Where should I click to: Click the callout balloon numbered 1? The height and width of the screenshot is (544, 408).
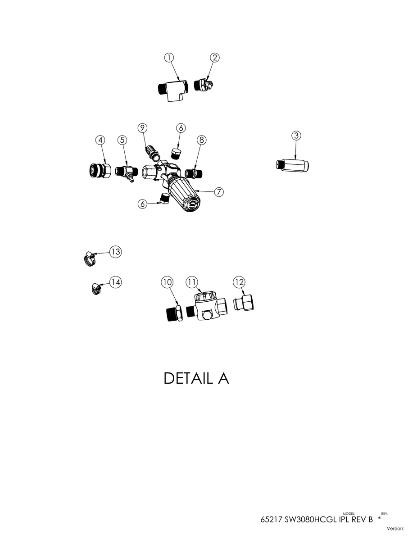[169, 58]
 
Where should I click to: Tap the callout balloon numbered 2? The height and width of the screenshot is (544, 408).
[214, 58]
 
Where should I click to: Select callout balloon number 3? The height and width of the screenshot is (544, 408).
[296, 136]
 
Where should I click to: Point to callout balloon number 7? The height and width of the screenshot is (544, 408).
[219, 192]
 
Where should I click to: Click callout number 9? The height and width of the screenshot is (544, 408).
[142, 128]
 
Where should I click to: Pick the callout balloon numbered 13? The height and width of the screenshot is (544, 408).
[116, 252]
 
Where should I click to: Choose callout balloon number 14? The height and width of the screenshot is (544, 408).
[116, 282]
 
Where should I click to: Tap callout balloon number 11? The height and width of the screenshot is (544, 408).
[192, 282]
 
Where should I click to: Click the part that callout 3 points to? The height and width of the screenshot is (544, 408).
[293, 165]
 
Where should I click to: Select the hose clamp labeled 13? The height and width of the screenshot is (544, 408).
[90, 259]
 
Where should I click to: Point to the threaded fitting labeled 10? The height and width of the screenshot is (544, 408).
[174, 313]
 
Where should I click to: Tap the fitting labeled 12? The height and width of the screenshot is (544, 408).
[244, 303]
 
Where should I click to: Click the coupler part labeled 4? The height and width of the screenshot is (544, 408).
[100, 170]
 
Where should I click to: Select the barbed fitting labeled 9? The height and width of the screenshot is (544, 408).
[152, 153]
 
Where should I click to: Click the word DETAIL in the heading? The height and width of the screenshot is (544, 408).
[188, 378]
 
